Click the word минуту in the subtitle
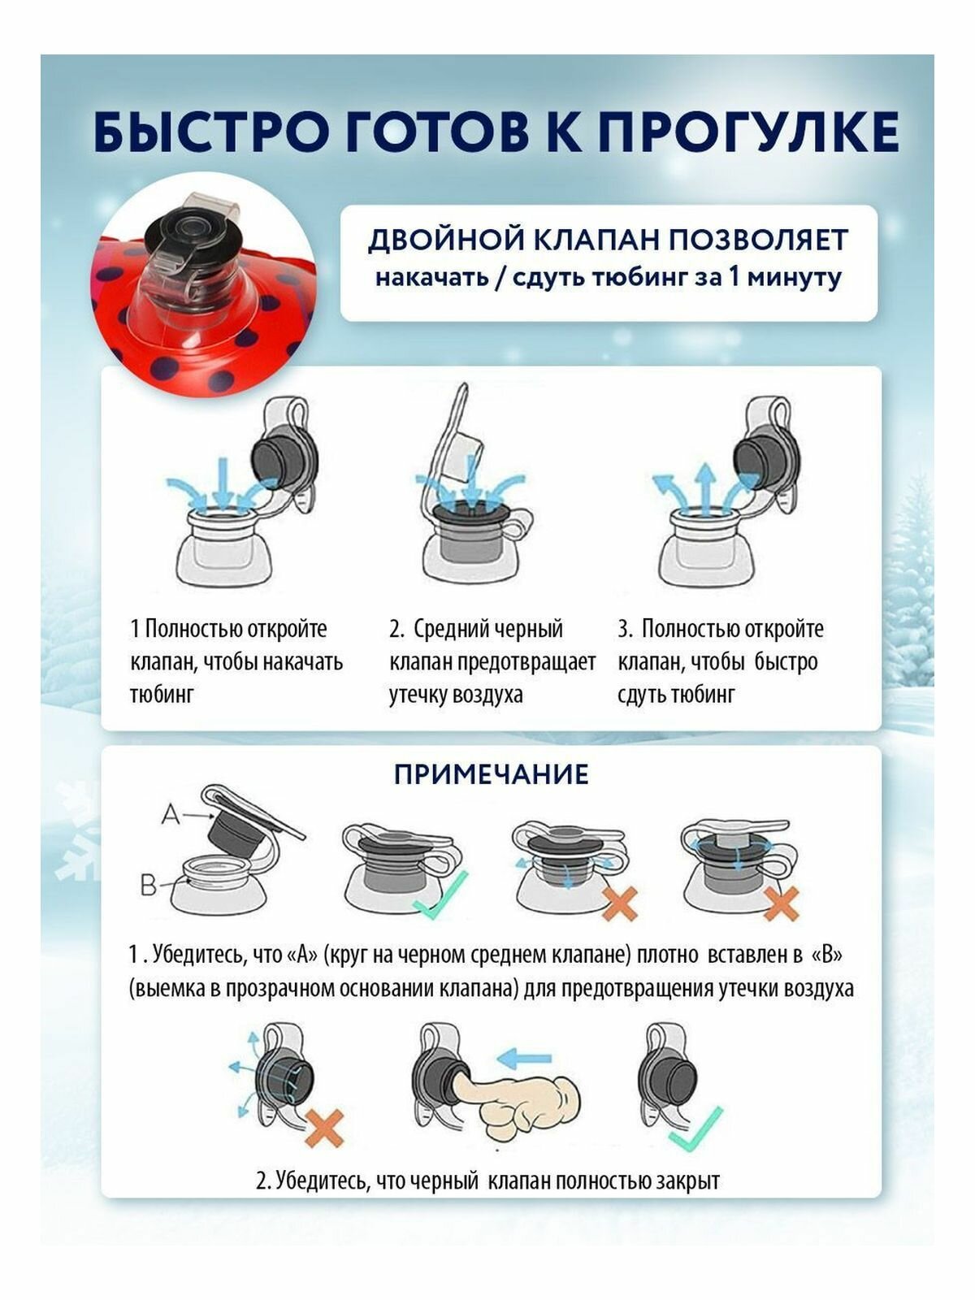click(x=793, y=278)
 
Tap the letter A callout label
click(x=171, y=815)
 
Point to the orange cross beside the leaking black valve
click(x=324, y=1128)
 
